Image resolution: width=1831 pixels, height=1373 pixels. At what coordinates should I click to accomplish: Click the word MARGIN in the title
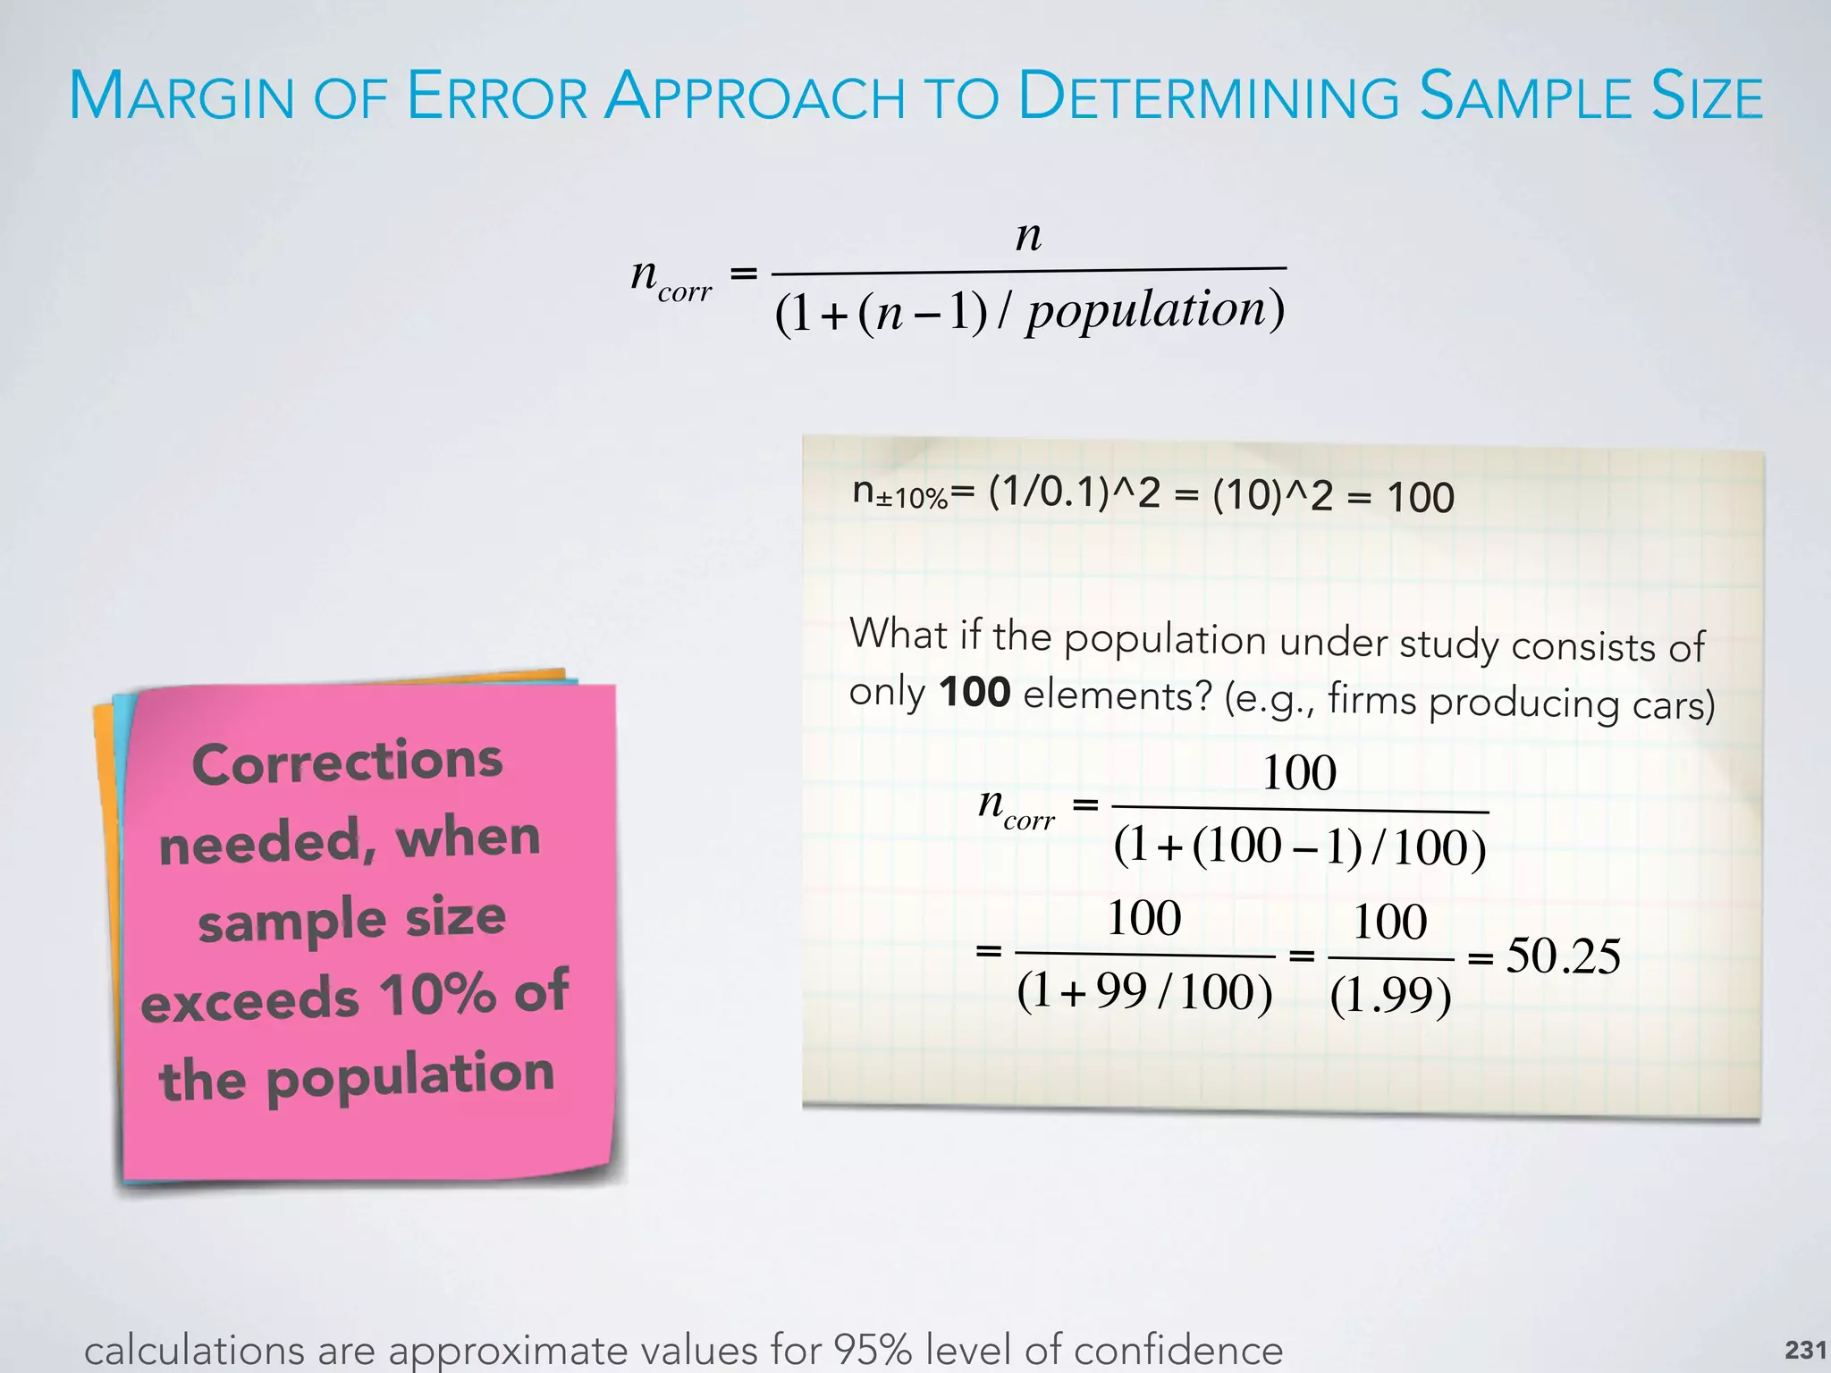point(181,96)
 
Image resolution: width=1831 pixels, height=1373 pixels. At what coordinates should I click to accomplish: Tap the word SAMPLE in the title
point(1526,96)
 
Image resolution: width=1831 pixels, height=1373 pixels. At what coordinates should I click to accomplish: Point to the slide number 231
point(1805,1349)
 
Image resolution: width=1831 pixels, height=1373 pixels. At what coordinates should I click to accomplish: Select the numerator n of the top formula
point(1029,235)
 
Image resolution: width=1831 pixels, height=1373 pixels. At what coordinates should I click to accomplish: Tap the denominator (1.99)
point(1391,995)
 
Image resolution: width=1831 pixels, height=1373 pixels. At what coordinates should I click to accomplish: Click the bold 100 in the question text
point(975,692)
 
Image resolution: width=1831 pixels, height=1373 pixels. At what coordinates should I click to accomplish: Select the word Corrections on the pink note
point(348,762)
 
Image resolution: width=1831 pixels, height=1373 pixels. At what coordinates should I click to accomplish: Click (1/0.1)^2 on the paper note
point(1074,493)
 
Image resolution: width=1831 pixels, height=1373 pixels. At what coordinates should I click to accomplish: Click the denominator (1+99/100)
point(1144,991)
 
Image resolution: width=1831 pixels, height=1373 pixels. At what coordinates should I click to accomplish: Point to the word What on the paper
point(898,634)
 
